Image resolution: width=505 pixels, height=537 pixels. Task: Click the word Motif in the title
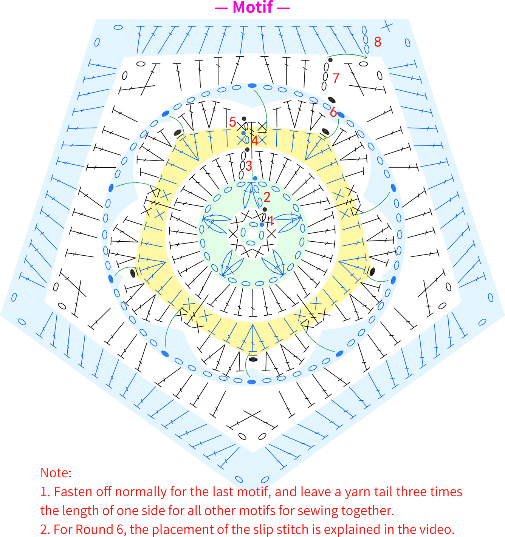tap(253, 7)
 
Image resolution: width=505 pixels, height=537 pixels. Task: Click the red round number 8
tap(378, 42)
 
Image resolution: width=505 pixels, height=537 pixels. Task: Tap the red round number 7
tap(336, 78)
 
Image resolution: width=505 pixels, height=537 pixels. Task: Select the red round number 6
tap(333, 112)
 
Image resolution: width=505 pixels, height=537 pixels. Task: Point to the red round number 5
tap(232, 122)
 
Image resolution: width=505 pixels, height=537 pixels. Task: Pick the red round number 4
tap(254, 140)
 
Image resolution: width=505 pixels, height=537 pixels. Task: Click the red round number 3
tap(249, 166)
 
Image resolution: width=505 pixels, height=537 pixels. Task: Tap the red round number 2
tap(267, 198)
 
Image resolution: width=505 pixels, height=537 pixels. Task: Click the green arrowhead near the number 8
tap(366, 57)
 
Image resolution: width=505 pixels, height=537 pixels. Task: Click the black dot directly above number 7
tap(330, 60)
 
